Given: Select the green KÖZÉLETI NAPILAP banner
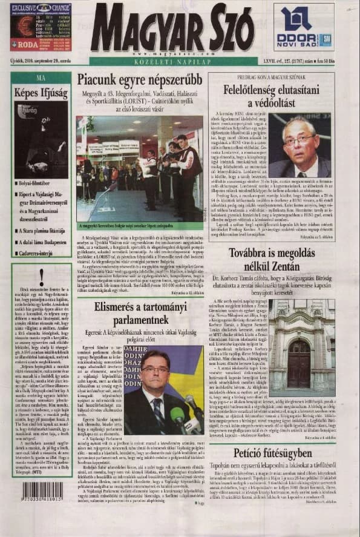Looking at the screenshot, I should [171, 62].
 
